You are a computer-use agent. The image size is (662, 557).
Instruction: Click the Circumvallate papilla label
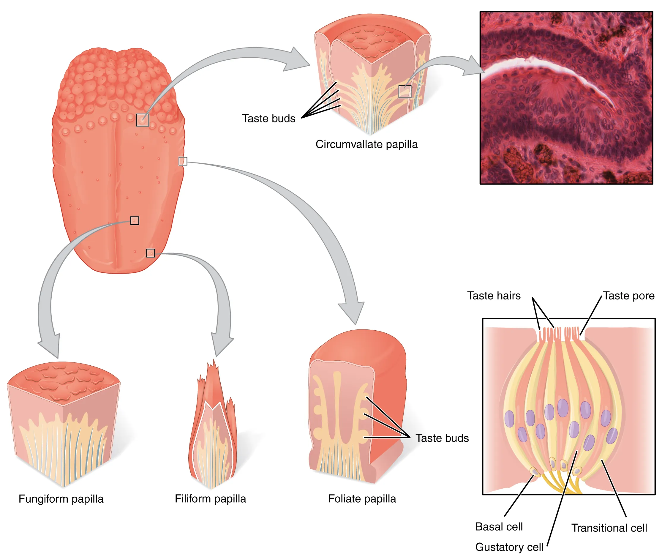click(x=366, y=144)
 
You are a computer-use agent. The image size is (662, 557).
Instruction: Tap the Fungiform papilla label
click(x=61, y=498)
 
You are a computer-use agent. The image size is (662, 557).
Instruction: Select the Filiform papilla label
click(x=210, y=498)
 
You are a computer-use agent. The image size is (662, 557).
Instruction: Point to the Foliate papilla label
click(x=362, y=498)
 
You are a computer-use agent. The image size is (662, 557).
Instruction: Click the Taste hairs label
click(x=493, y=296)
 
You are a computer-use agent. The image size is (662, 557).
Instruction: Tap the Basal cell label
click(x=499, y=526)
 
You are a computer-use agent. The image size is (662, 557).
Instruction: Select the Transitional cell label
click(x=609, y=528)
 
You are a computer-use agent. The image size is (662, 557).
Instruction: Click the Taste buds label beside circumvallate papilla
click(x=268, y=119)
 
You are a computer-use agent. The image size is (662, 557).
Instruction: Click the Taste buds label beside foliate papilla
click(x=442, y=438)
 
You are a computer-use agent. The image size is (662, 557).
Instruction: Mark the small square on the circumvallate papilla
click(x=405, y=91)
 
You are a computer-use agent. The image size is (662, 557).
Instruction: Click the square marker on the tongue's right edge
click(x=183, y=161)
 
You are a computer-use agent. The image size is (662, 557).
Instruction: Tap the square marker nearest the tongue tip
click(x=150, y=253)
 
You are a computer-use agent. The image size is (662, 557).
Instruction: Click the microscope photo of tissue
click(x=566, y=98)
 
